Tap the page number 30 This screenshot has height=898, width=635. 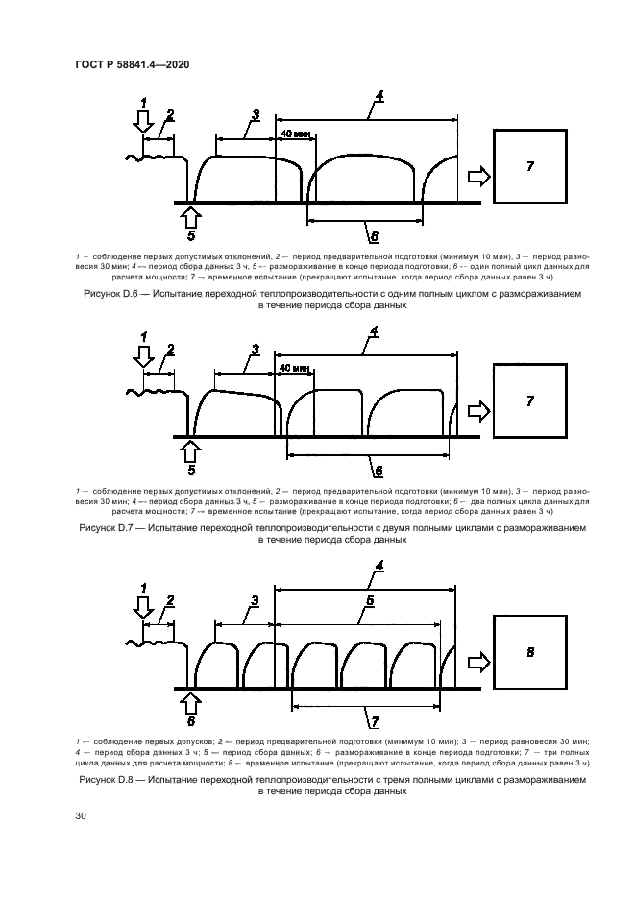[x=81, y=815]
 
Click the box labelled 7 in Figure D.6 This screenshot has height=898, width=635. [x=529, y=166]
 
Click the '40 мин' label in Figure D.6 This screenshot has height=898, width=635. [x=294, y=133]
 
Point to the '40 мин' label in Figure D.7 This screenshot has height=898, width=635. [x=294, y=368]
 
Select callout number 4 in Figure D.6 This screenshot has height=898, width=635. [x=380, y=96]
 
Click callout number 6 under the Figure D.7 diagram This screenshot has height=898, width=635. [x=378, y=471]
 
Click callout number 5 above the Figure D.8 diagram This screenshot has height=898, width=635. [x=370, y=601]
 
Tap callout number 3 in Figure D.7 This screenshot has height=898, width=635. [x=255, y=350]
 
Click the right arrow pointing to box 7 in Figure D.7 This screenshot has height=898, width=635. [x=477, y=411]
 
